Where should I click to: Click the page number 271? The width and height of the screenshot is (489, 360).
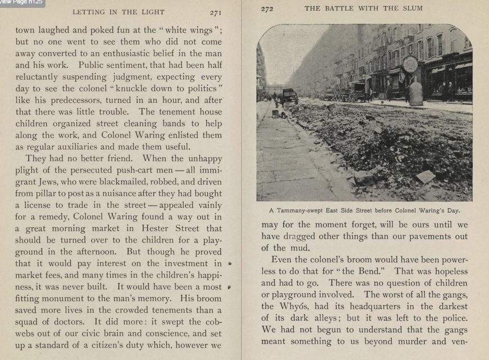216,12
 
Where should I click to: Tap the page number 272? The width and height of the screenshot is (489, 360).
266,8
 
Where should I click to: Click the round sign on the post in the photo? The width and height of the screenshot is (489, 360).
410,63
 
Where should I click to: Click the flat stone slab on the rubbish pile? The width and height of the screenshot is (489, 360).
425,176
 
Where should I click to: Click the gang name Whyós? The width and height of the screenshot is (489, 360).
292,306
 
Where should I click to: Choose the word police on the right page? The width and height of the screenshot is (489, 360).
453,319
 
